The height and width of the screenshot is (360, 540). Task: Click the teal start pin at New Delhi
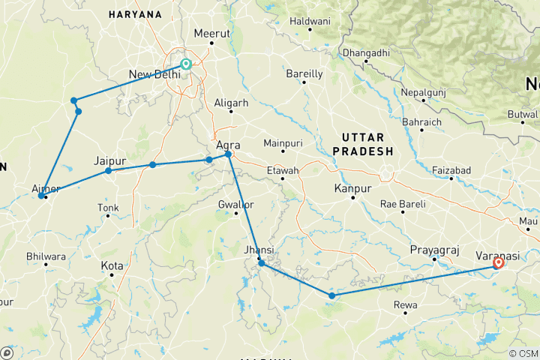point(185,65)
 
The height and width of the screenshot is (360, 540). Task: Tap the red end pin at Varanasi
point(499,263)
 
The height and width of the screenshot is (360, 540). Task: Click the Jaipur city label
point(109,160)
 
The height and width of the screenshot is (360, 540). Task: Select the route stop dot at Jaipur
point(109,171)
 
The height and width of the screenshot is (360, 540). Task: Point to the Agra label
point(227,144)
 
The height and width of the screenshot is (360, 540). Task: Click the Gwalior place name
point(235,204)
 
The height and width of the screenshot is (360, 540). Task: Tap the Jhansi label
point(259,249)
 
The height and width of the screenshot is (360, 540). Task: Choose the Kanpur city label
point(352,187)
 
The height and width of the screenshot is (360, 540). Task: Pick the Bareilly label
point(304,73)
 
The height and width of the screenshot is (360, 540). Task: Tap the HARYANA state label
point(135,14)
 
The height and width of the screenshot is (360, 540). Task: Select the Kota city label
point(112,265)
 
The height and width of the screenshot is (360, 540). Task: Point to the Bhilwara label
point(46,256)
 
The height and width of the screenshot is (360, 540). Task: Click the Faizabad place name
point(451,170)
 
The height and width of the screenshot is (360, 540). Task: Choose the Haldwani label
point(310,22)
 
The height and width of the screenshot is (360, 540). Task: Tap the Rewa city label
point(404,304)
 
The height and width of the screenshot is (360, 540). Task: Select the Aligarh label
point(230,102)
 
